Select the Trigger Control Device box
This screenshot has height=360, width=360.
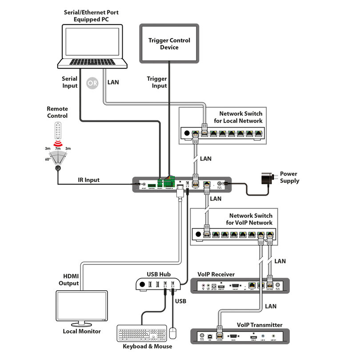pos(169,44)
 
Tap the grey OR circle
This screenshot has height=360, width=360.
pos(92,83)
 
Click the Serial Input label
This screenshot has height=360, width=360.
pos(69,82)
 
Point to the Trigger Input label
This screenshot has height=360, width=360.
pos(157,82)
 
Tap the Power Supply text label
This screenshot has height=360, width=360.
pos(289,177)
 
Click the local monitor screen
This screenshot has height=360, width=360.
pos(81,307)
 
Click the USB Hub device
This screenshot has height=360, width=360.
pos(158,284)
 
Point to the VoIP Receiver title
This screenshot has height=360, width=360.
pos(217,274)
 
